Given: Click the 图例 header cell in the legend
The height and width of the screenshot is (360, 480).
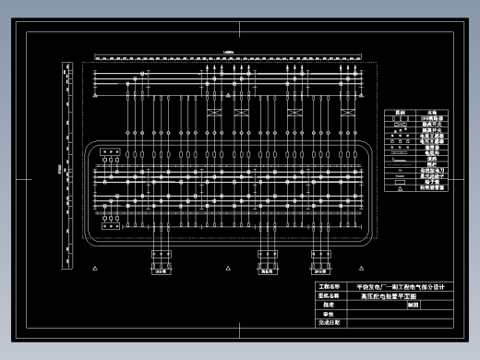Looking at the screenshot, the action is click(x=400, y=113).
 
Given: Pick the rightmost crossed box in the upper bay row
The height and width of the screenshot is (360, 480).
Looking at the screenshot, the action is click(x=346, y=113).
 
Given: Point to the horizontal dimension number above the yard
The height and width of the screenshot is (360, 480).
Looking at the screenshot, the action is click(x=228, y=54).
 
